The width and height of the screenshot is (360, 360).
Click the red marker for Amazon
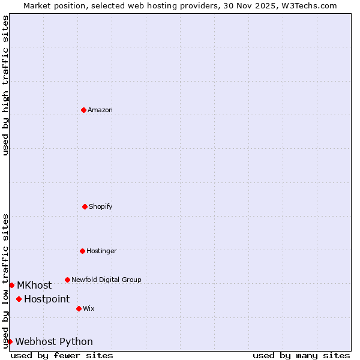coord(83,110)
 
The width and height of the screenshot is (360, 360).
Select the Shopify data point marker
coord(85,206)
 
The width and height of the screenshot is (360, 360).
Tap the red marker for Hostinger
coord(82,251)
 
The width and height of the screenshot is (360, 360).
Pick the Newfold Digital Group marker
coord(67,280)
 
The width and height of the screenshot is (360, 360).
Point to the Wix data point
coord(79,308)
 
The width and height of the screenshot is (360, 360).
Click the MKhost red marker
coord(11,285)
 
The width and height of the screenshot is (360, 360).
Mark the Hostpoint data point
coord(19,299)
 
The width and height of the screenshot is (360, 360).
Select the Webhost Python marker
coord(10,341)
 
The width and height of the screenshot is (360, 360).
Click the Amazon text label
coord(100,110)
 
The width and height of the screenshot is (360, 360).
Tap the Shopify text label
coord(101,206)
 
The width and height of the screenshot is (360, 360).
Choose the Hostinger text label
coord(101,251)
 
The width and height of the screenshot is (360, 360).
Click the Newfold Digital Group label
coord(106,280)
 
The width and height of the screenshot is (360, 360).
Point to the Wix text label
coord(89,308)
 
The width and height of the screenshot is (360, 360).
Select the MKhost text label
coord(34,285)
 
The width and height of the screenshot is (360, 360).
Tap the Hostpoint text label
coord(47,299)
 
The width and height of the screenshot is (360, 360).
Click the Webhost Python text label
coord(54,341)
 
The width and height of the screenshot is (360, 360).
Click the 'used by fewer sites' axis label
coord(62,355)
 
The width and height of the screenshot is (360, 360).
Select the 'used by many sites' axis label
coord(301,355)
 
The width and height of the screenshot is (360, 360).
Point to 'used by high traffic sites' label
coord(5,85)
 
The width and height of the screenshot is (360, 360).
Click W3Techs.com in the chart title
coord(306,5)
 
